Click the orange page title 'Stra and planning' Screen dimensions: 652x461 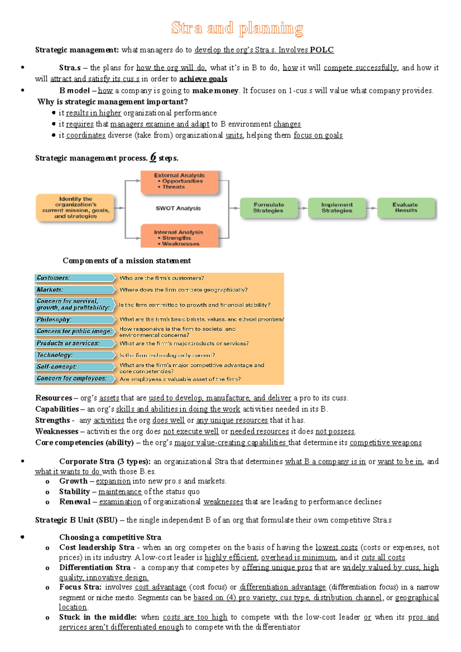237,28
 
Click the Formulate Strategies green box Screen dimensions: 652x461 269,208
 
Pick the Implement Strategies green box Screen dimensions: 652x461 337,208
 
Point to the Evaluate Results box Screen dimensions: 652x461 406,208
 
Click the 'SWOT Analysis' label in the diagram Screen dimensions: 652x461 178,208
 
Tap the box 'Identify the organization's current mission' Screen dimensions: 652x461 75,208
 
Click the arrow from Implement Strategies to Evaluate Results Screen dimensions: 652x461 371,208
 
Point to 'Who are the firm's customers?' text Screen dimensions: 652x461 162,278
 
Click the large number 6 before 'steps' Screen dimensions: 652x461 153,157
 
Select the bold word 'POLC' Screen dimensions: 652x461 322,50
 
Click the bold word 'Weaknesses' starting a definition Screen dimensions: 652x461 57,432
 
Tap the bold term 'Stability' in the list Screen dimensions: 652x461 75,492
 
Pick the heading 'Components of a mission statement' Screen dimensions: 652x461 127,261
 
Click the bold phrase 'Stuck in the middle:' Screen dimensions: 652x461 98,617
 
